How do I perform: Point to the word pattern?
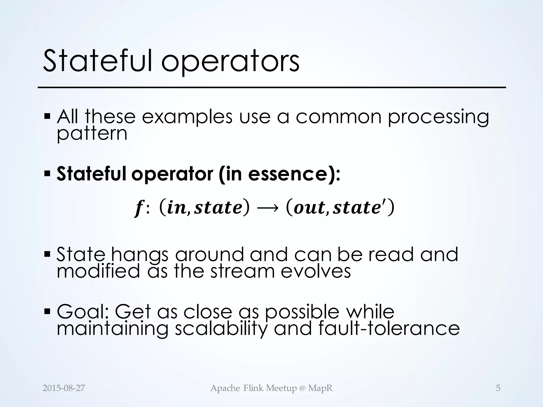point(92,134)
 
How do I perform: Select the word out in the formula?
point(309,208)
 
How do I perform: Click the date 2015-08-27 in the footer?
point(64,388)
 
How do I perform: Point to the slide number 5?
point(498,388)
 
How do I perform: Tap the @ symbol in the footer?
point(302,388)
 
